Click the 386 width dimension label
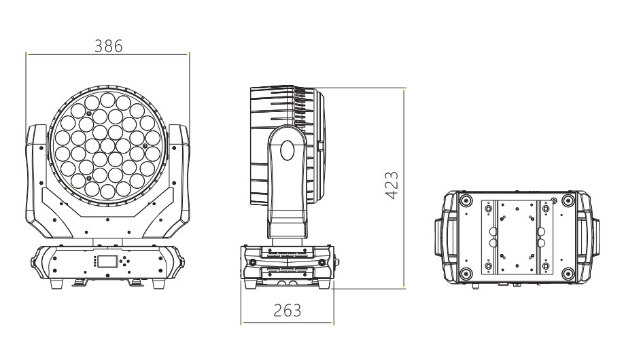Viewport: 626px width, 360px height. pos(108,46)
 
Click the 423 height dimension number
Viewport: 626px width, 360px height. pos(392,185)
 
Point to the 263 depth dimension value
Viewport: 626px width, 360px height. pos(287,310)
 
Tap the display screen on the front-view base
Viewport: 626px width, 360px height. pos(107,262)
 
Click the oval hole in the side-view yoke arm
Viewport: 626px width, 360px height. pos(287,150)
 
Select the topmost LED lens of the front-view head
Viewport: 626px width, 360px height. pos(107,100)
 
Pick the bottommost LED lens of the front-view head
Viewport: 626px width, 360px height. pos(107,191)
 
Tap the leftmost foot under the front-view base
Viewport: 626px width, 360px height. pos(56,284)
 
